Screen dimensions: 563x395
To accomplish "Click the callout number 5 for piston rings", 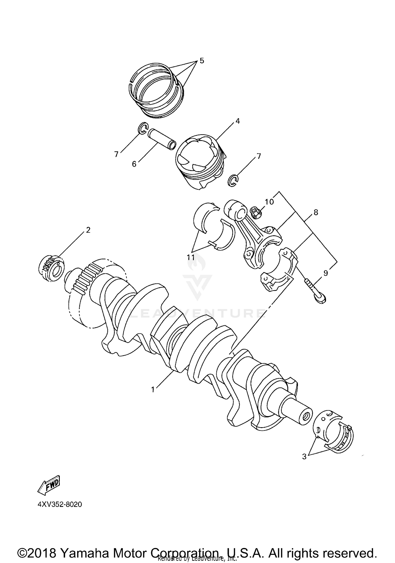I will coord(202,61).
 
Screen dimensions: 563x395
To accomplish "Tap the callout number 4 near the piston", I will coord(238,121).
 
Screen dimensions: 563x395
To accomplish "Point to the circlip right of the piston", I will coord(233,181).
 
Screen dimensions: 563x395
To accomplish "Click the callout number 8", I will coord(316,212).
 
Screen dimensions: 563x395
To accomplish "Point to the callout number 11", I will coord(191,257).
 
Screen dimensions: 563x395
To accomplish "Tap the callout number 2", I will coord(88,230).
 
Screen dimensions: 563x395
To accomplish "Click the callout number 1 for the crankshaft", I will coord(153,389).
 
